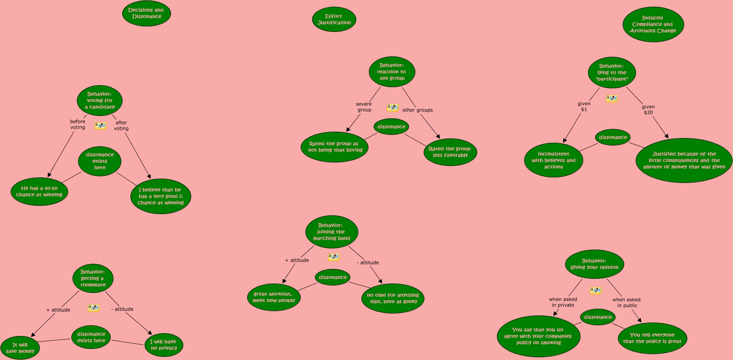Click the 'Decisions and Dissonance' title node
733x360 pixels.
[x=146, y=13]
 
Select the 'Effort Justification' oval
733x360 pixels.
[x=334, y=19]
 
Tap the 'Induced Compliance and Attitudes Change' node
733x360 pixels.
[x=653, y=24]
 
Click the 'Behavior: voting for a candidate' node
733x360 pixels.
[x=100, y=101]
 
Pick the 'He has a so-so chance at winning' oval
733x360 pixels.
[x=39, y=192]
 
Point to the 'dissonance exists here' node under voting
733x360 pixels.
[x=100, y=161]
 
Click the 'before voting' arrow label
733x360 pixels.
[x=78, y=124]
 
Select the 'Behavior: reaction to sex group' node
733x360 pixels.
[x=392, y=72]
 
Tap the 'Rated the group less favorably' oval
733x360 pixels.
[x=450, y=152]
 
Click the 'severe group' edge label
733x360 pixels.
[x=364, y=107]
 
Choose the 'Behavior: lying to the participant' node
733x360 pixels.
[x=612, y=73]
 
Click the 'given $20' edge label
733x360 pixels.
[x=648, y=110]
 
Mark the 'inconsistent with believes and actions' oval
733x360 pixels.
[x=553, y=160]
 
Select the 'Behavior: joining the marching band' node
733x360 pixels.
[x=331, y=232]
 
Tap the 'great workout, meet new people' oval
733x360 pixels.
[x=274, y=297]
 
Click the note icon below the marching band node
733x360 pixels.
[x=333, y=257]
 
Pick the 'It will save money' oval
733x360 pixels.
[x=20, y=348]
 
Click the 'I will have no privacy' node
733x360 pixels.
[x=164, y=345]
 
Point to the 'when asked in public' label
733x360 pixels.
[x=627, y=302]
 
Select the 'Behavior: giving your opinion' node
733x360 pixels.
[x=594, y=264]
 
